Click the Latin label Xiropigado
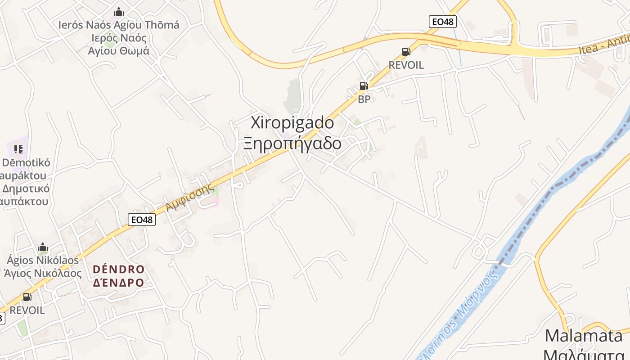[292, 123]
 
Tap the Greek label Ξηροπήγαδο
[292, 144]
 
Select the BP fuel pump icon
[364, 86]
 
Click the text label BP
[364, 99]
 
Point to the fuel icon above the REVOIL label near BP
[406, 52]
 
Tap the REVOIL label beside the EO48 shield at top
[406, 65]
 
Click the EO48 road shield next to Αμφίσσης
[142, 220]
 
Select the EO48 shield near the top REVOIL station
[443, 21]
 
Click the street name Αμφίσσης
[190, 198]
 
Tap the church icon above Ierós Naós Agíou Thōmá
[119, 12]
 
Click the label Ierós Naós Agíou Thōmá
[119, 25]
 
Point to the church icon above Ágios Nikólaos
[43, 247]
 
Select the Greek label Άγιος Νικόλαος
[43, 273]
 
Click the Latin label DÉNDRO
[119, 270]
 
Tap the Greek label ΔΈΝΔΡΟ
[119, 283]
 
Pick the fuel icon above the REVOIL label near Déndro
[27, 297]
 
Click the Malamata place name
[584, 336]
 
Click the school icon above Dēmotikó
[18, 149]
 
